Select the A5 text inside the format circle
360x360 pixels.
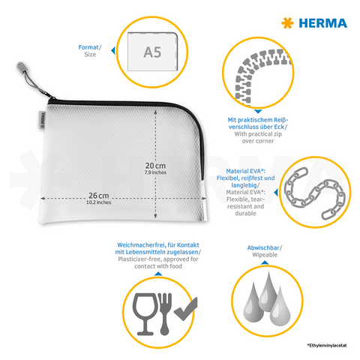[152, 52]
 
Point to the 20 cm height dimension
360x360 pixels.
[154, 166]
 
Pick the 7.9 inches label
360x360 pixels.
[154, 173]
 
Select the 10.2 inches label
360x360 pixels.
[98, 202]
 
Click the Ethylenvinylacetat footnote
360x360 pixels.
[328, 345]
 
